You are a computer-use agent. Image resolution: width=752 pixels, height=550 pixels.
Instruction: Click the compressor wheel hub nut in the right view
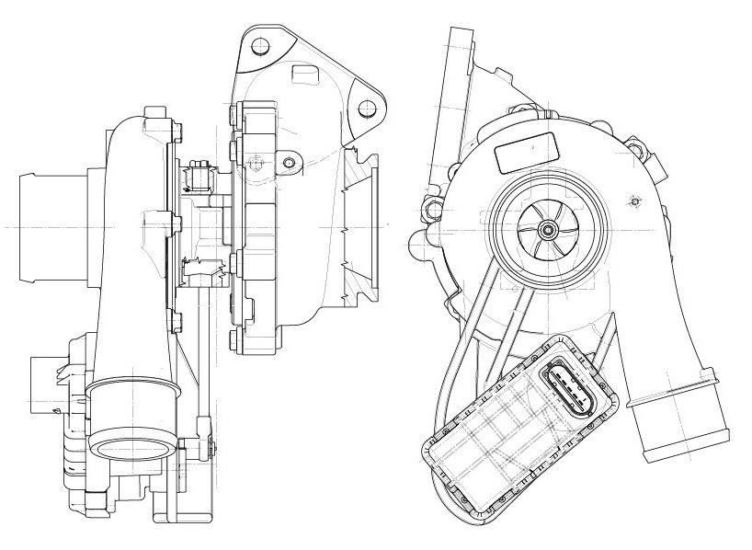pos(549,229)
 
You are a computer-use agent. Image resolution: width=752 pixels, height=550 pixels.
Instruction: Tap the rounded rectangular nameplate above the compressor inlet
pos(528,152)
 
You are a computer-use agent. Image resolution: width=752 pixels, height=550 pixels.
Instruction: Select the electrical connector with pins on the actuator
pos(564,386)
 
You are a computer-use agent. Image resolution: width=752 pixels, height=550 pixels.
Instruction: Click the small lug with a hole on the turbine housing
pos(291,163)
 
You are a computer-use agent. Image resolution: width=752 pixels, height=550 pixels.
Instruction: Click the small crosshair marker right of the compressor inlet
pos(632,201)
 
